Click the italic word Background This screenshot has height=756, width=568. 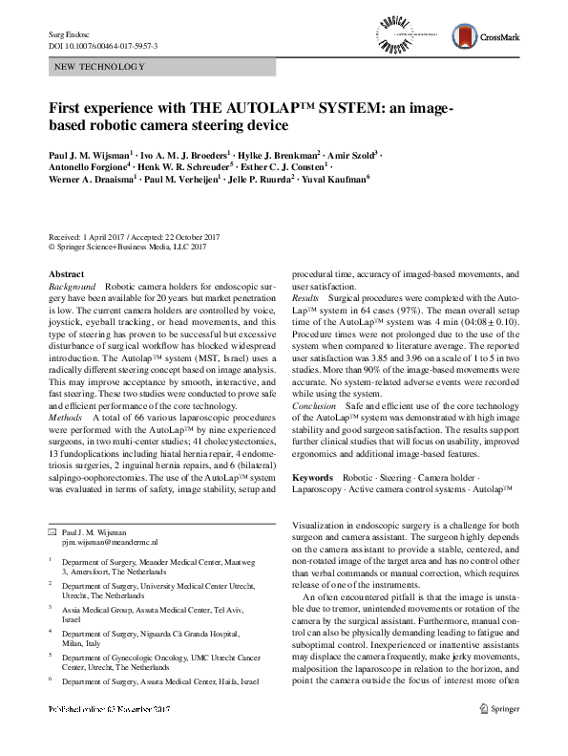coord(72,287)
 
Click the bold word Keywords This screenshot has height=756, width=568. coord(312,476)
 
